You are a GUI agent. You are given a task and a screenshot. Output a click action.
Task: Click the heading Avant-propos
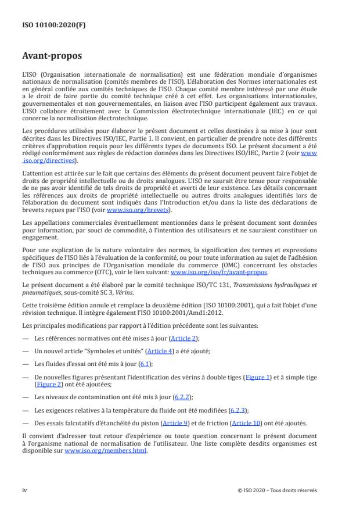pyautogui.click(x=52, y=56)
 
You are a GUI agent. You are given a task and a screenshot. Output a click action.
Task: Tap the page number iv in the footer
pyautogui.click(x=24, y=490)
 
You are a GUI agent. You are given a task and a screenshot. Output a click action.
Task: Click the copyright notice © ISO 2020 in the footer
pyautogui.click(x=278, y=490)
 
